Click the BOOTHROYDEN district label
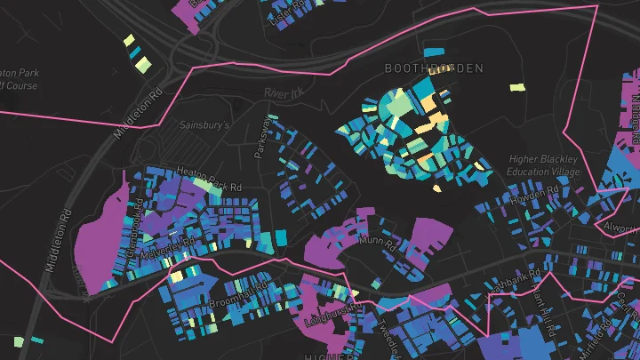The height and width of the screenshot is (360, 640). (433, 68)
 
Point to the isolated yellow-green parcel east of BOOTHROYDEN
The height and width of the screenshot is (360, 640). (517, 87)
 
